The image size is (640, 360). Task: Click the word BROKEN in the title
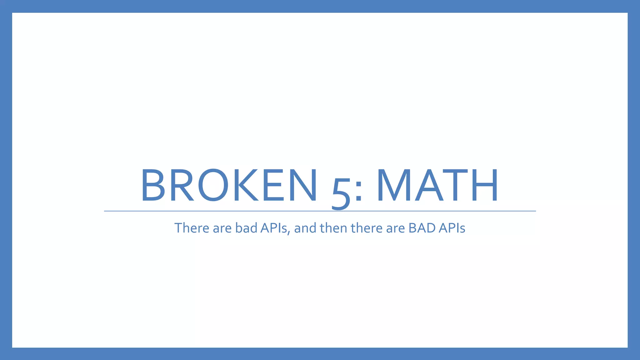coord(229,185)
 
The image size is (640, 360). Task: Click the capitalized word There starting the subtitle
coord(192,228)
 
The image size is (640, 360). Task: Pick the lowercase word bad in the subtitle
coord(246,228)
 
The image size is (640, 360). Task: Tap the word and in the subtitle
coord(305,228)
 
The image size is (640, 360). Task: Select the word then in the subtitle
coord(333,228)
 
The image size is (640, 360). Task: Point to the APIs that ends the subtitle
coord(452,228)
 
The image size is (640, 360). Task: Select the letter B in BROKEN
coord(153,185)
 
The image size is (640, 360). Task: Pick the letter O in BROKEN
coord(213,185)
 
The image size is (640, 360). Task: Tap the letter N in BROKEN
coord(302,185)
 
